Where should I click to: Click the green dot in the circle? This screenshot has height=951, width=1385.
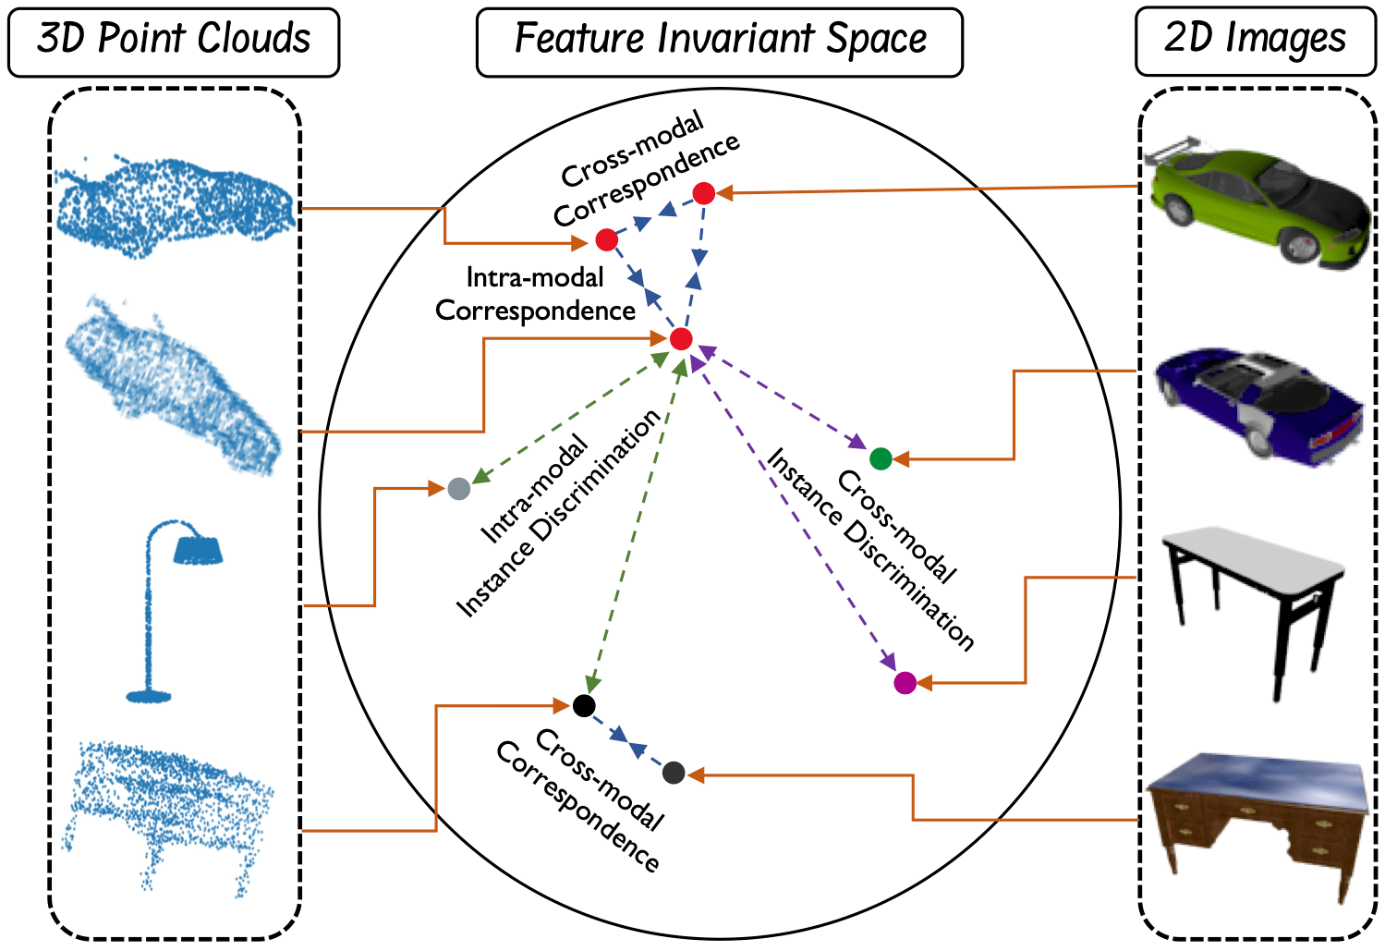(881, 458)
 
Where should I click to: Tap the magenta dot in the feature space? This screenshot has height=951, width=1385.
(905, 683)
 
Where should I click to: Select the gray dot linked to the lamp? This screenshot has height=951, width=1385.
(458, 489)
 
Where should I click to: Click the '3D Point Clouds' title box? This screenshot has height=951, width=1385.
(174, 42)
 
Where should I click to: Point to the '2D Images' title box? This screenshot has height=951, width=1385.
(1255, 42)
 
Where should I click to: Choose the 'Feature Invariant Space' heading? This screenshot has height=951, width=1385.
(719, 42)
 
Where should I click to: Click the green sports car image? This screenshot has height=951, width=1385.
(1257, 203)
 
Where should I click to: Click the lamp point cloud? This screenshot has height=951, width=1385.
(171, 610)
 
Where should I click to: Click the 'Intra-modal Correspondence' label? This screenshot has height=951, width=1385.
(536, 294)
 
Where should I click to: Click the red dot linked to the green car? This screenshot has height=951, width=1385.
(704, 193)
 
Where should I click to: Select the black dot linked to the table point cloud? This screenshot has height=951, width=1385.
(584, 706)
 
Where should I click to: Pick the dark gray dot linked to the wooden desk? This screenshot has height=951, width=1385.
(674, 773)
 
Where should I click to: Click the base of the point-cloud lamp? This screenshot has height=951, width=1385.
(148, 695)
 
